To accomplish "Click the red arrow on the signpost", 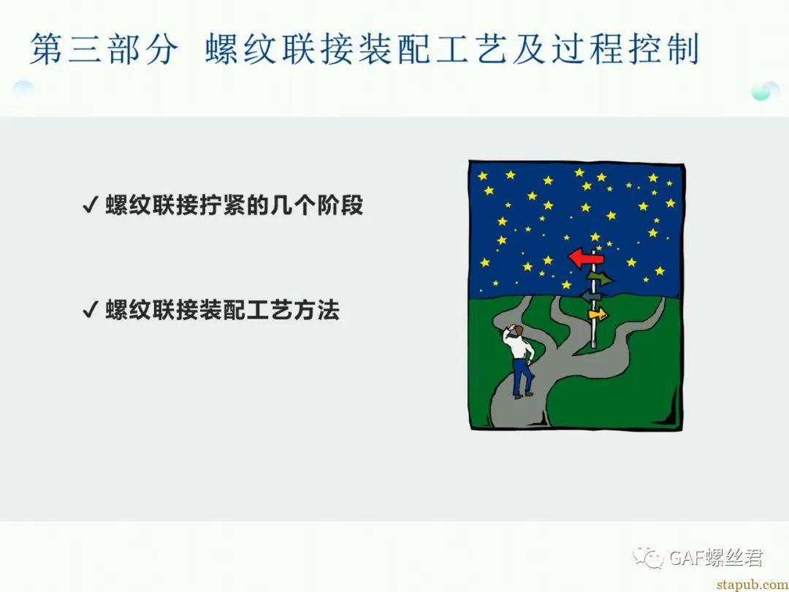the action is tap(584, 258).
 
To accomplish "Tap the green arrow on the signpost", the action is tap(601, 278).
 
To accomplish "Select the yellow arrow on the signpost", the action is tap(598, 315).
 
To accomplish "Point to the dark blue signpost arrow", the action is tap(592, 296).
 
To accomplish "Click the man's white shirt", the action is tap(518, 346).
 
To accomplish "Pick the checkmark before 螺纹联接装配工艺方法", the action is tap(89, 309).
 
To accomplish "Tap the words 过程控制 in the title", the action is tap(625, 50).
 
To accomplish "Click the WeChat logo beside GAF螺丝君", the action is tap(649, 557).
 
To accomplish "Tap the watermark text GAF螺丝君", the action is tap(715, 557).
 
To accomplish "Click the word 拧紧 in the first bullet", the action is tap(222, 205).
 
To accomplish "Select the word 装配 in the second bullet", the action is tap(222, 309).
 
